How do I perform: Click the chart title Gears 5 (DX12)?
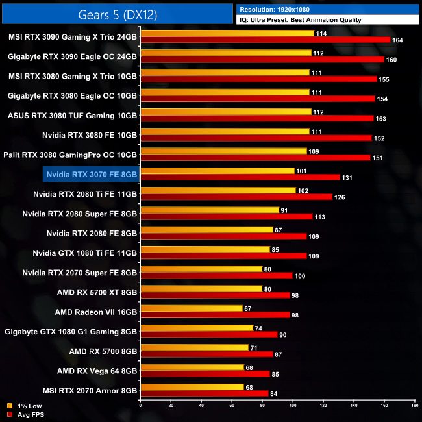118,12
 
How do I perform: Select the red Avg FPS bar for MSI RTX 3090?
265,40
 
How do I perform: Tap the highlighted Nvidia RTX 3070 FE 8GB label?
92,174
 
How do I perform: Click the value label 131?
348,177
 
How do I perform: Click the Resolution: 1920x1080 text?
278,10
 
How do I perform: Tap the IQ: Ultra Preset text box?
300,20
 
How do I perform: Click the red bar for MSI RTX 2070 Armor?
205,393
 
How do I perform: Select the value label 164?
398,40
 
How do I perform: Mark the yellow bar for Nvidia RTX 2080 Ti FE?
218,190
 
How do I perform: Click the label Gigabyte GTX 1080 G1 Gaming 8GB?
71,331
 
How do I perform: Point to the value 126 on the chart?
340,197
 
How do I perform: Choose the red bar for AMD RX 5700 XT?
215,295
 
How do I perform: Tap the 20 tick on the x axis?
171,406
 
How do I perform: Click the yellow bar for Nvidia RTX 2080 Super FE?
210,210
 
